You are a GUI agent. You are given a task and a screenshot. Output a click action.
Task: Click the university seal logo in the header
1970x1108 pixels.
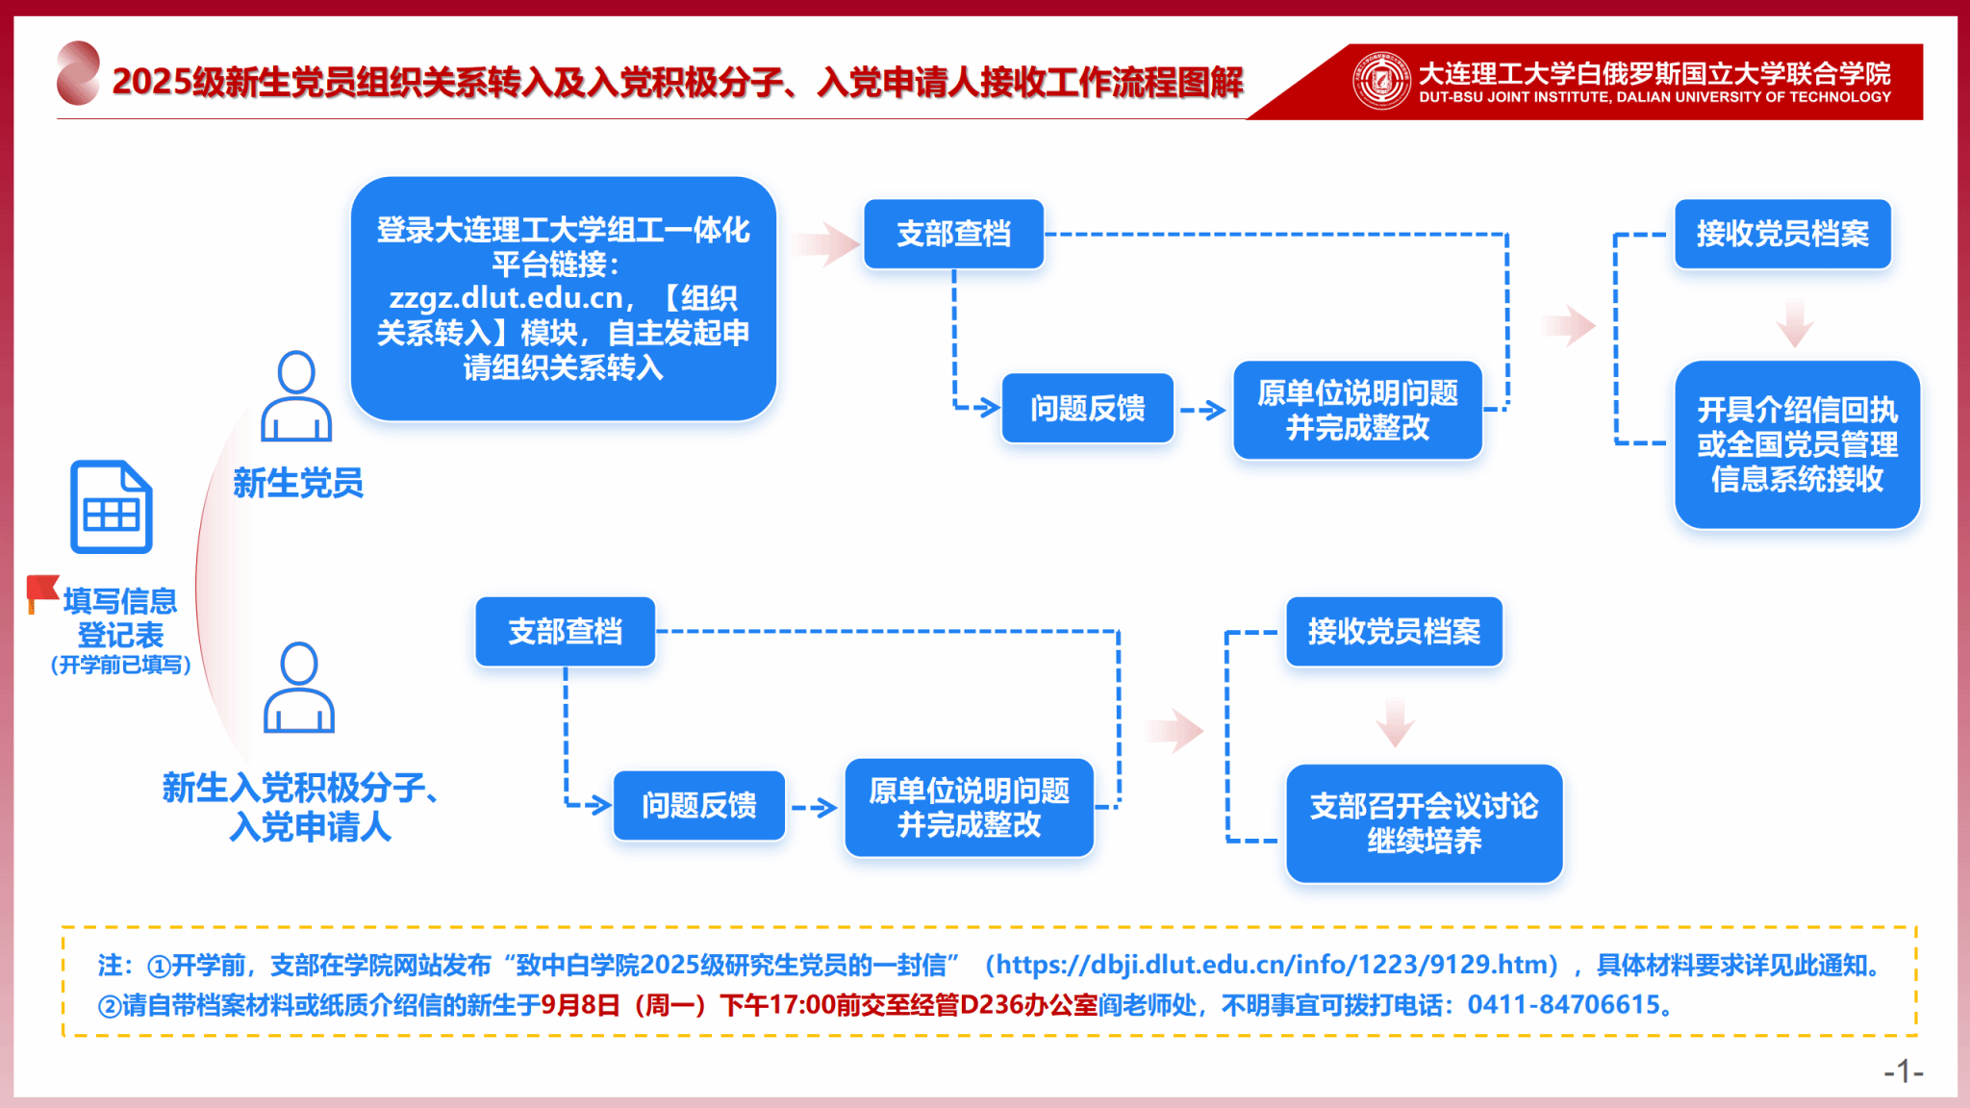coord(1381,81)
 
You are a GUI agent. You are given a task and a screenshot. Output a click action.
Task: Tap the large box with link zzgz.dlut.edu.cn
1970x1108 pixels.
coord(563,298)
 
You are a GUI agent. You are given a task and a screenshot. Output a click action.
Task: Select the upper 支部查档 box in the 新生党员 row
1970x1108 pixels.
coord(953,234)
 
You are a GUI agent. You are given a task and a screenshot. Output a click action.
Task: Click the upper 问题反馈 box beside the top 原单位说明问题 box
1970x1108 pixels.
coord(1087,409)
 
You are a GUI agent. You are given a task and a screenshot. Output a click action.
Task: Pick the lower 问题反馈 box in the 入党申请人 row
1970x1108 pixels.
coord(698,805)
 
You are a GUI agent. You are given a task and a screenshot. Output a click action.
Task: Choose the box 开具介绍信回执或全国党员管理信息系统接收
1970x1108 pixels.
coord(1796,444)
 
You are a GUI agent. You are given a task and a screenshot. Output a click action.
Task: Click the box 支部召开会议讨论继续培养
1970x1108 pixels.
coord(1424,823)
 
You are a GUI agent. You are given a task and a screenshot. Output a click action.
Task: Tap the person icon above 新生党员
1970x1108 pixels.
coord(296,396)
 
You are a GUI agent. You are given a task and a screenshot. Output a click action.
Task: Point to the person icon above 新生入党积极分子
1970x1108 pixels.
coord(299,688)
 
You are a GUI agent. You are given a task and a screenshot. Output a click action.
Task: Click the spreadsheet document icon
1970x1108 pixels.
coord(112,507)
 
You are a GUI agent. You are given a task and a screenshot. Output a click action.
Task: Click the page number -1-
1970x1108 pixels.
coord(1903,1071)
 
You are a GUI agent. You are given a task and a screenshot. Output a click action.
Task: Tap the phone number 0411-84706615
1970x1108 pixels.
coord(1563,1005)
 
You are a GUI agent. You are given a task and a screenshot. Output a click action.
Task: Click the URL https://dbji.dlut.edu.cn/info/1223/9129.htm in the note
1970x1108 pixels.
coord(1276,965)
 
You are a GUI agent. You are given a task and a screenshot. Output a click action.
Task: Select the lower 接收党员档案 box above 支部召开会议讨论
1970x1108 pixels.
coord(1394,632)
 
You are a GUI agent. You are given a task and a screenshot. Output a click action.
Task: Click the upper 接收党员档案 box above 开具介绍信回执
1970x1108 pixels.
coord(1782,234)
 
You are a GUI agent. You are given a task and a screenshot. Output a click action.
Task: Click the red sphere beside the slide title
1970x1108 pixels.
coord(78,73)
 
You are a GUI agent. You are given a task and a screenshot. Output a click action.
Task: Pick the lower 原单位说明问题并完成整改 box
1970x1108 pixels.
coord(969,808)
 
